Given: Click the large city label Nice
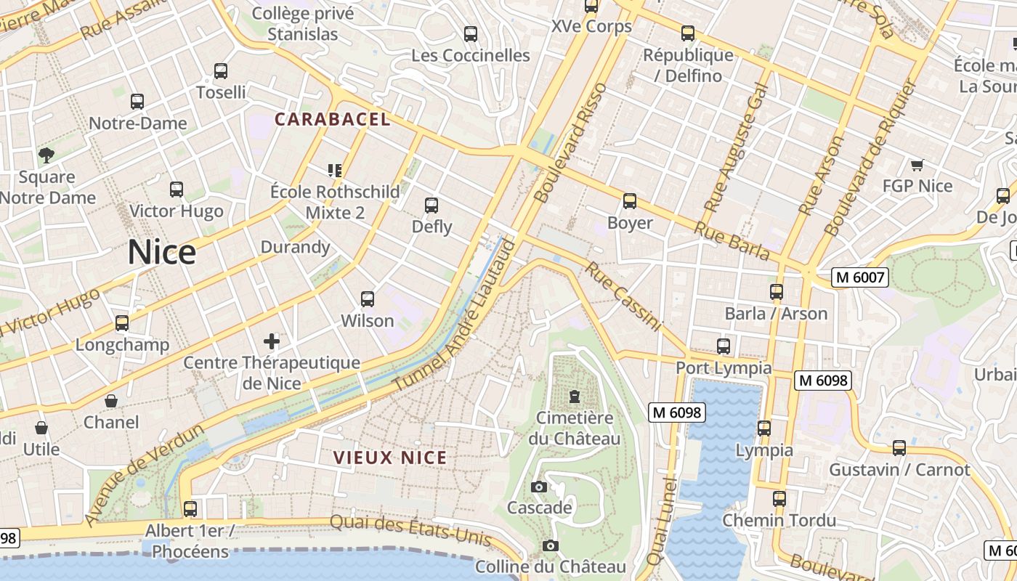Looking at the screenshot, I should pyautogui.click(x=162, y=253).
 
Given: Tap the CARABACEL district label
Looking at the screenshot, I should pyautogui.click(x=333, y=120).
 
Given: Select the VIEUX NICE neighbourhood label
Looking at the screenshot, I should pyautogui.click(x=390, y=458).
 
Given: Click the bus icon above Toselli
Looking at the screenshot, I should pyautogui.click(x=221, y=71).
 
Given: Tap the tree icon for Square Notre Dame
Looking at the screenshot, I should pyautogui.click(x=46, y=155).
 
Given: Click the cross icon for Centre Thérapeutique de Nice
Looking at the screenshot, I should pyautogui.click(x=272, y=341).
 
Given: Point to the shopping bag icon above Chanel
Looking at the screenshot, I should pyautogui.click(x=111, y=401).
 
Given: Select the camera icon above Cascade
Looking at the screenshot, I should pyautogui.click(x=538, y=487).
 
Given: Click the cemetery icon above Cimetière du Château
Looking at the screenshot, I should pyautogui.click(x=575, y=397).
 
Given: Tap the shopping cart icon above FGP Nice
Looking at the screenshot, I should pyautogui.click(x=917, y=165).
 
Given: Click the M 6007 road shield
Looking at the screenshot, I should pyautogui.click(x=860, y=277).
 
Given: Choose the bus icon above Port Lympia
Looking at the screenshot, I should pyautogui.click(x=724, y=346).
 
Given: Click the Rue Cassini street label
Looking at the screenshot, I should pyautogui.click(x=623, y=297).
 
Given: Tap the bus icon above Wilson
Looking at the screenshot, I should pyautogui.click(x=368, y=299).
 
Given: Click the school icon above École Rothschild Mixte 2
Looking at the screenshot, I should pyautogui.click(x=335, y=171).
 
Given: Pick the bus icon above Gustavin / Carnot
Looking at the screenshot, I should pyautogui.click(x=899, y=448).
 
